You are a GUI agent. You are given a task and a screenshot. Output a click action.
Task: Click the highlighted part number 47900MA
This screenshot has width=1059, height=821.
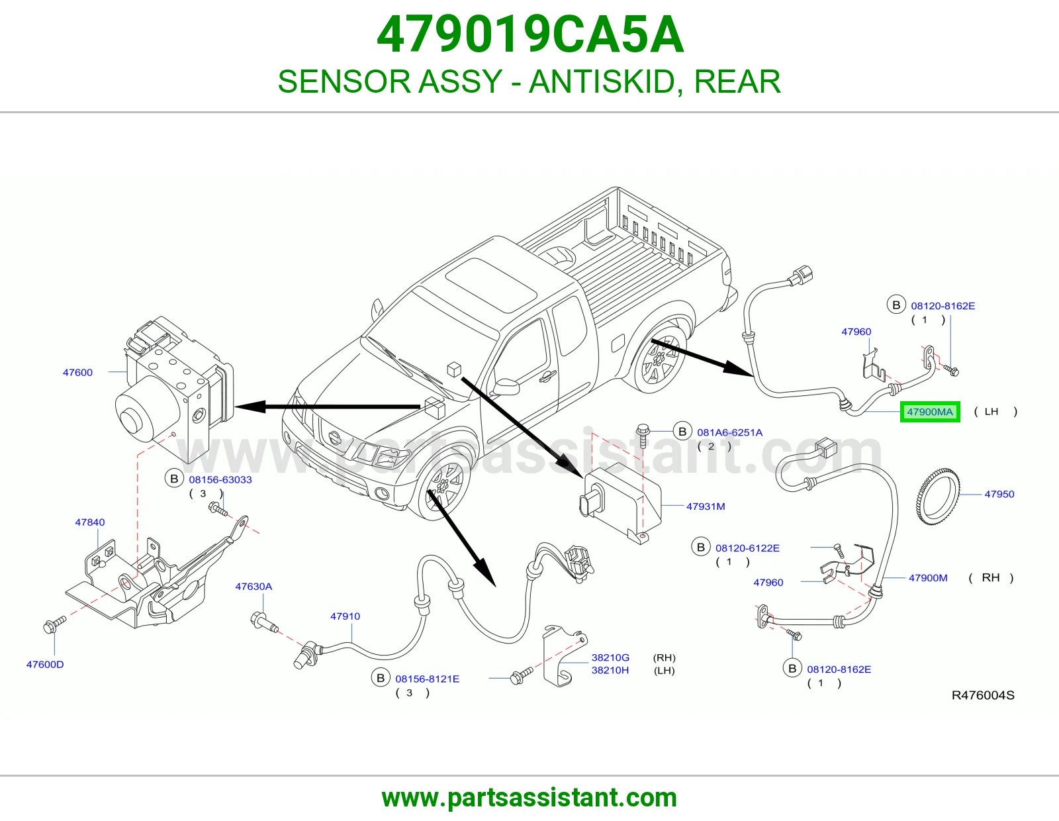click(x=930, y=412)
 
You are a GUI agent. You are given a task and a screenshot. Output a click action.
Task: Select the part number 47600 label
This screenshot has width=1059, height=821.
click(x=77, y=373)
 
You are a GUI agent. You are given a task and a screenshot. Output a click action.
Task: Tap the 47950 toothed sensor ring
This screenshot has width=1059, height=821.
click(x=938, y=495)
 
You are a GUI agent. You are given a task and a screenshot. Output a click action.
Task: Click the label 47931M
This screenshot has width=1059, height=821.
click(x=705, y=507)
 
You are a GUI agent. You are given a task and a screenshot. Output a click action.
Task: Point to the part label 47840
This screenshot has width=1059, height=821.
click(x=89, y=522)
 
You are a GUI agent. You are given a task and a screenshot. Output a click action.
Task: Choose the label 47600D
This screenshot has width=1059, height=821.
click(x=45, y=665)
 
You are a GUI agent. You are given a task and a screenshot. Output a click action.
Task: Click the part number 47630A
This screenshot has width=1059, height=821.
click(x=253, y=587)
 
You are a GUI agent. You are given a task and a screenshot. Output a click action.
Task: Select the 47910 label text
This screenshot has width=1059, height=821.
click(x=345, y=616)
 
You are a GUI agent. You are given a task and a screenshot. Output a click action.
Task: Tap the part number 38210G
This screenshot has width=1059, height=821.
click(x=610, y=657)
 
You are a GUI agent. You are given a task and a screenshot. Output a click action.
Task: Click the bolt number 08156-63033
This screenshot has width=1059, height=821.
click(x=220, y=480)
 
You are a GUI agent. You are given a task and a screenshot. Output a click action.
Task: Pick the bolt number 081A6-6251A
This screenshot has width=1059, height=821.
click(x=729, y=432)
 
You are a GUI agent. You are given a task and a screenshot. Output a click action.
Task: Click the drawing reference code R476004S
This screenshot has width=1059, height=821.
click(x=983, y=695)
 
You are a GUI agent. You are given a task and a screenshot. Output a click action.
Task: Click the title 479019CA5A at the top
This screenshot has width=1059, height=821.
click(x=529, y=34)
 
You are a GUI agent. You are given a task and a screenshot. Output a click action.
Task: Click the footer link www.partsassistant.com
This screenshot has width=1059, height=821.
click(x=529, y=798)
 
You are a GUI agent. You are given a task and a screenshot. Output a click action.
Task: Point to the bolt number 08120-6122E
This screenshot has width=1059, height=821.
click(x=747, y=548)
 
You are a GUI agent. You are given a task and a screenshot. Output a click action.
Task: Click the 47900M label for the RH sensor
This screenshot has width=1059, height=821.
click(x=928, y=578)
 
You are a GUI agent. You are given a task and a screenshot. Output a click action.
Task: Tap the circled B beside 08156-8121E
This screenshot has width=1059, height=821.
click(x=381, y=678)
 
